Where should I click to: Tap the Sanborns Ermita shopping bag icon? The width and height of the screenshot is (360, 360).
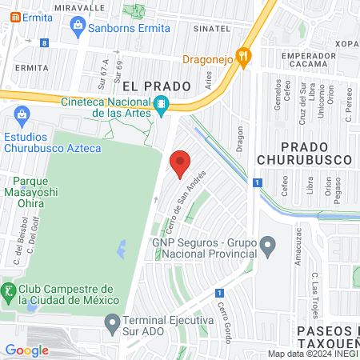[77, 28]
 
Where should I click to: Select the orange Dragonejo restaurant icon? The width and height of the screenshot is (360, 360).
[246, 57]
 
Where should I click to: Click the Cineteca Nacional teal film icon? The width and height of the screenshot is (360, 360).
[161, 105]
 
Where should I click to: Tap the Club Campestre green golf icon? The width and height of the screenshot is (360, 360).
[9, 290]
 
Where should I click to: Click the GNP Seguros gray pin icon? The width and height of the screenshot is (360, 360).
[266, 243]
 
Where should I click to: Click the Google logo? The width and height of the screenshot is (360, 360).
[26, 350]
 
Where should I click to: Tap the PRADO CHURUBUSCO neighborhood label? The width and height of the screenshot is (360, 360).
[293, 153]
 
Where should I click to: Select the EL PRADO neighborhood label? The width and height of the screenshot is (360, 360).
[156, 85]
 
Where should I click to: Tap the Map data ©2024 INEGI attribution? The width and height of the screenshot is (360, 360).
[312, 354]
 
